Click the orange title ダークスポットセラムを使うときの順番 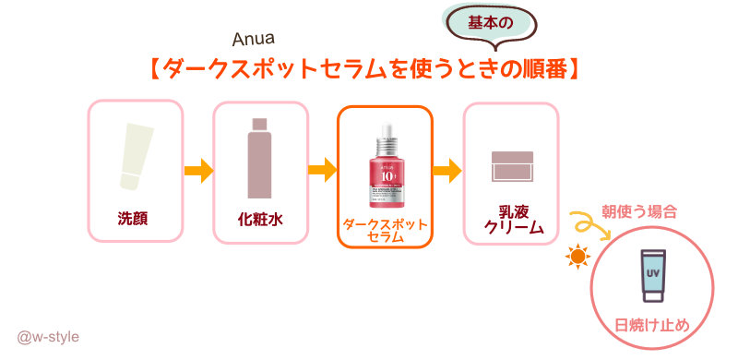coord(369,70)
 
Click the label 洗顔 coord(134,219)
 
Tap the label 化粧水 coord(259,219)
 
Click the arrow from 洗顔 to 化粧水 coord(198,171)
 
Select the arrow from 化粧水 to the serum coord(322,171)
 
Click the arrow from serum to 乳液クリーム coord(446,171)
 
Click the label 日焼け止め coord(652,325)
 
